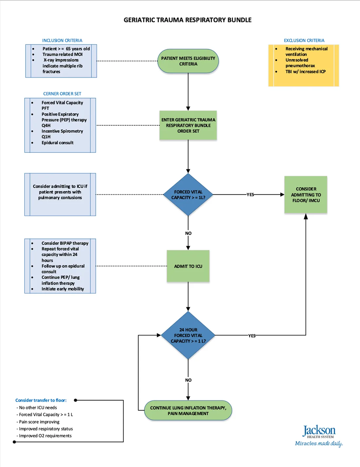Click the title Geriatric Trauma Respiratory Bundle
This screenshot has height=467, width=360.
coord(188,20)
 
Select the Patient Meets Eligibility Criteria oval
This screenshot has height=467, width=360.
coord(188,61)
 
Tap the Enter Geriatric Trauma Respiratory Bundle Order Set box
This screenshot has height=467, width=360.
coord(188,125)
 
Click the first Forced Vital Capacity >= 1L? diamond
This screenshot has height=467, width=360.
coord(188,195)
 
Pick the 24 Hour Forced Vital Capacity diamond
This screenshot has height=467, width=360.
coord(188,335)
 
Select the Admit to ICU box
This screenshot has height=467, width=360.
coord(188,266)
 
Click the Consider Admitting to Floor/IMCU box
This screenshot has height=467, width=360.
coord(306,195)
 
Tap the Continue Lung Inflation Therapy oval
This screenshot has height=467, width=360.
coord(188,410)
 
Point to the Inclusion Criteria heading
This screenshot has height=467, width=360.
coord(62,41)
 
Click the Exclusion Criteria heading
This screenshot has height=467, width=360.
coord(304,41)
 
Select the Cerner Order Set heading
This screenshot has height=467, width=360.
coord(62,94)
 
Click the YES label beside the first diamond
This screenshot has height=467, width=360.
coord(250,195)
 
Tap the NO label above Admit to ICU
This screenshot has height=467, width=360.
coord(188,233)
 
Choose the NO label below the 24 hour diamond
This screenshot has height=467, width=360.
coord(188,380)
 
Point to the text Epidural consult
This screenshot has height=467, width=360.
coord(58,143)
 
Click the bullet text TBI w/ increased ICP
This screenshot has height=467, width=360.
coord(305,72)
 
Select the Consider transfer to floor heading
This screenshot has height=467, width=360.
coord(41,400)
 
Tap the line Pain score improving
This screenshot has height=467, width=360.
coord(39,422)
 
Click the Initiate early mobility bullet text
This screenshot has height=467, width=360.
coord(63,289)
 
